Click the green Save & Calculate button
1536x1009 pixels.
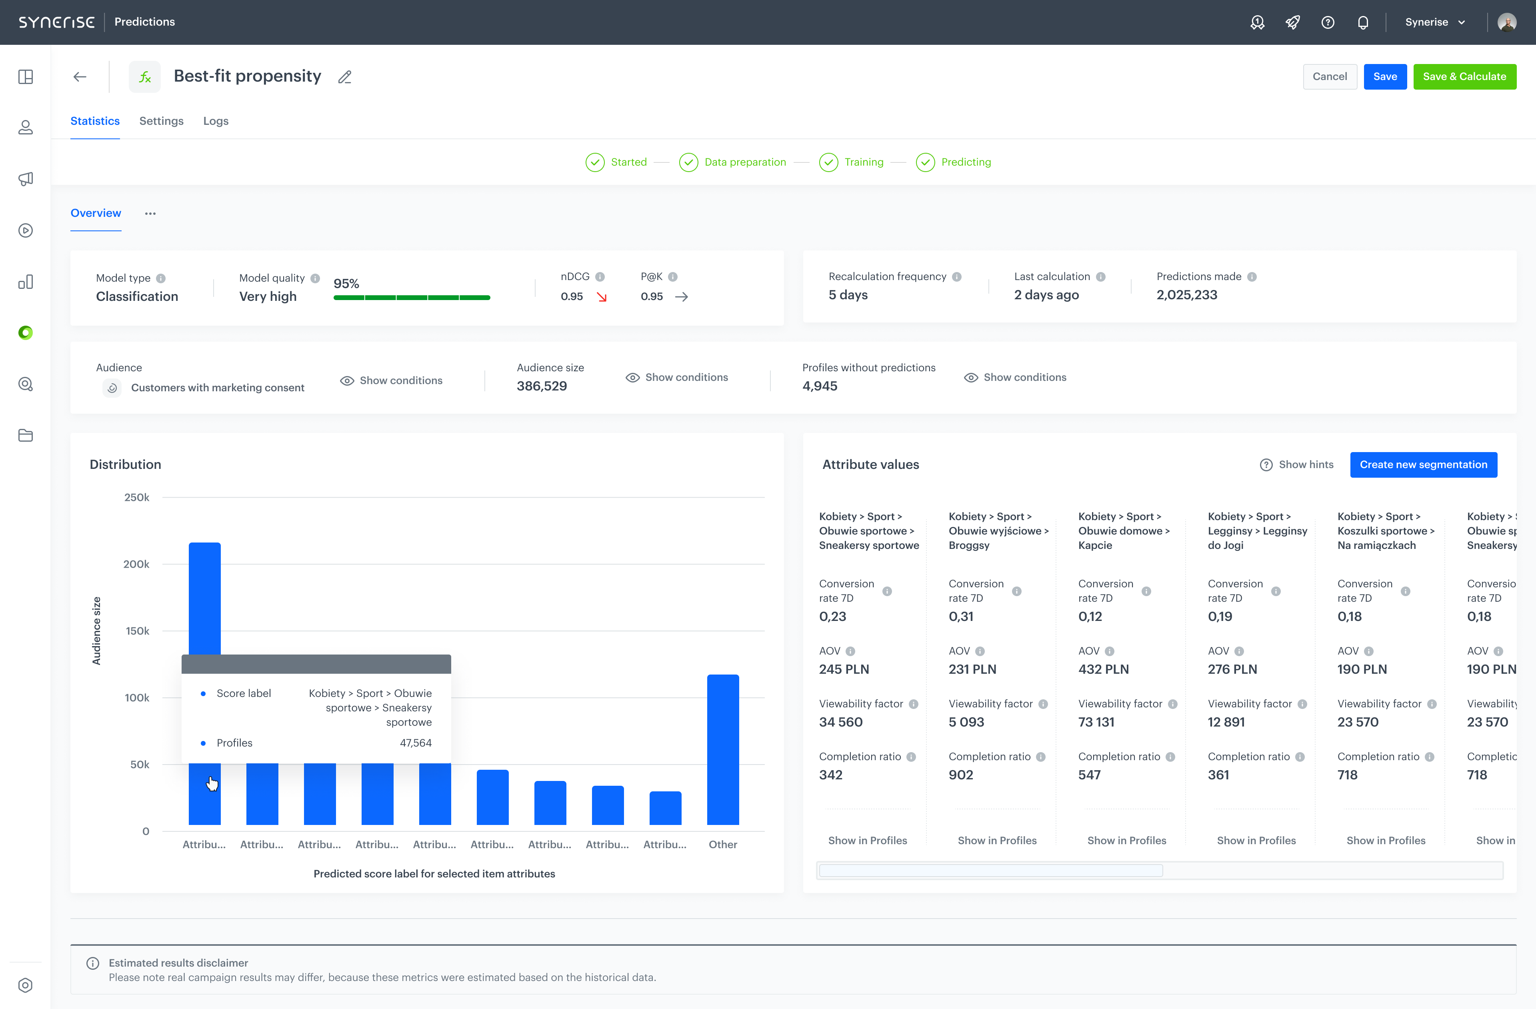[x=1464, y=76]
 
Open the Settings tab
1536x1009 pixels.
[x=161, y=121]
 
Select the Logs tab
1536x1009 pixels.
[x=216, y=121]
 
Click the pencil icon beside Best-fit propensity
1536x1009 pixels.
[x=345, y=77]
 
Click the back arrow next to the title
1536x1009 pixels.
[x=80, y=77]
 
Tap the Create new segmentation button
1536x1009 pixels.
[x=1423, y=464]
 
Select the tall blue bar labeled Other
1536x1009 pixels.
[x=723, y=749]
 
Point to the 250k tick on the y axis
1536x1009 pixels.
[x=137, y=497]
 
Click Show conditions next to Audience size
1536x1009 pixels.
[x=677, y=377]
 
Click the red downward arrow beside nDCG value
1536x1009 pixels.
[x=602, y=297]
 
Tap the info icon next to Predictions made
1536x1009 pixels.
[x=1252, y=276]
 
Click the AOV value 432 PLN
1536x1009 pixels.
[x=1103, y=669]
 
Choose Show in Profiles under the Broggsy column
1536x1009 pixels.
[x=996, y=840]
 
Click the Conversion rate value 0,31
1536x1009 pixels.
[x=960, y=616]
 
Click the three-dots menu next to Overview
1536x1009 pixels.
[x=150, y=213]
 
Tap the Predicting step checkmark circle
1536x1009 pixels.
[x=925, y=162]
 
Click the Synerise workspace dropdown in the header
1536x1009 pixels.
[x=1435, y=22]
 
